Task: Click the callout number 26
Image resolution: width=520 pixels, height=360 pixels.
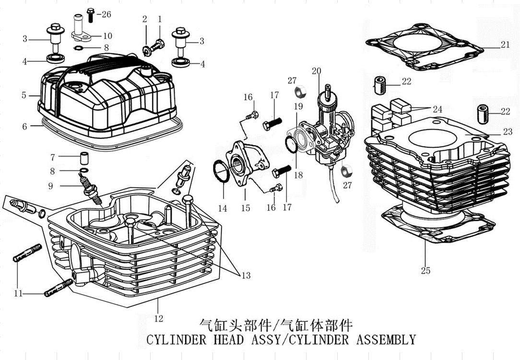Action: (106, 14)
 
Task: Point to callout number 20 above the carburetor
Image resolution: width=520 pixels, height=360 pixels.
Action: (316, 72)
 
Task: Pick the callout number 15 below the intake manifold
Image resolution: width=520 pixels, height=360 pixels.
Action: (246, 208)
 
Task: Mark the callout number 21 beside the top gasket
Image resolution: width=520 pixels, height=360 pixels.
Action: (505, 45)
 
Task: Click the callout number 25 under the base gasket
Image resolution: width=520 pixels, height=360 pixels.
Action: (425, 271)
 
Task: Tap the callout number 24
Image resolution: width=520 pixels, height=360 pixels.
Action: (437, 109)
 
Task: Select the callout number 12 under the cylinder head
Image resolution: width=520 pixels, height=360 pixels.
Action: (158, 318)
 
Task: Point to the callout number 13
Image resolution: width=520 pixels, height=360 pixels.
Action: (246, 276)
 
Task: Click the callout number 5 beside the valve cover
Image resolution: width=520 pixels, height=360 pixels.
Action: (24, 95)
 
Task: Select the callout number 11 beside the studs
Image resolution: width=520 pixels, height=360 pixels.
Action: (18, 293)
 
